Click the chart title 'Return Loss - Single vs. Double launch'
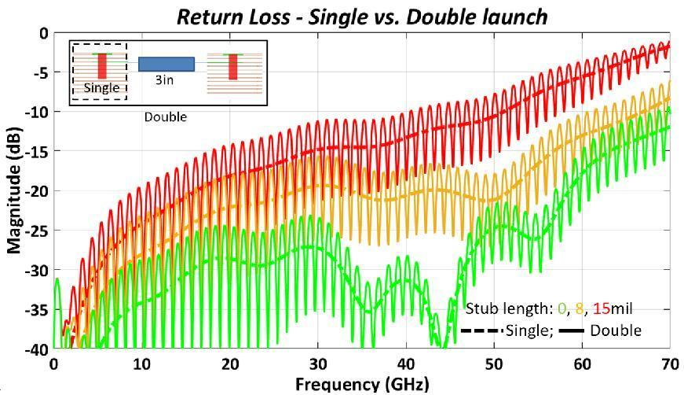tap(361, 17)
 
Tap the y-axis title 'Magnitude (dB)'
tap(14, 191)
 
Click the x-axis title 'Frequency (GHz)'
tap(361, 385)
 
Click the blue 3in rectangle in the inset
tap(166, 65)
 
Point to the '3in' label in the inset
tap(164, 79)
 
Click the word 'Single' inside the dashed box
tap(101, 87)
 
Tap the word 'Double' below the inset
tap(165, 116)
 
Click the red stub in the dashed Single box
tap(101, 66)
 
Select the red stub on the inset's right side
tap(232, 67)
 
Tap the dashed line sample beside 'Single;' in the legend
tap(482, 330)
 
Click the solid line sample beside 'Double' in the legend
tap(572, 330)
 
